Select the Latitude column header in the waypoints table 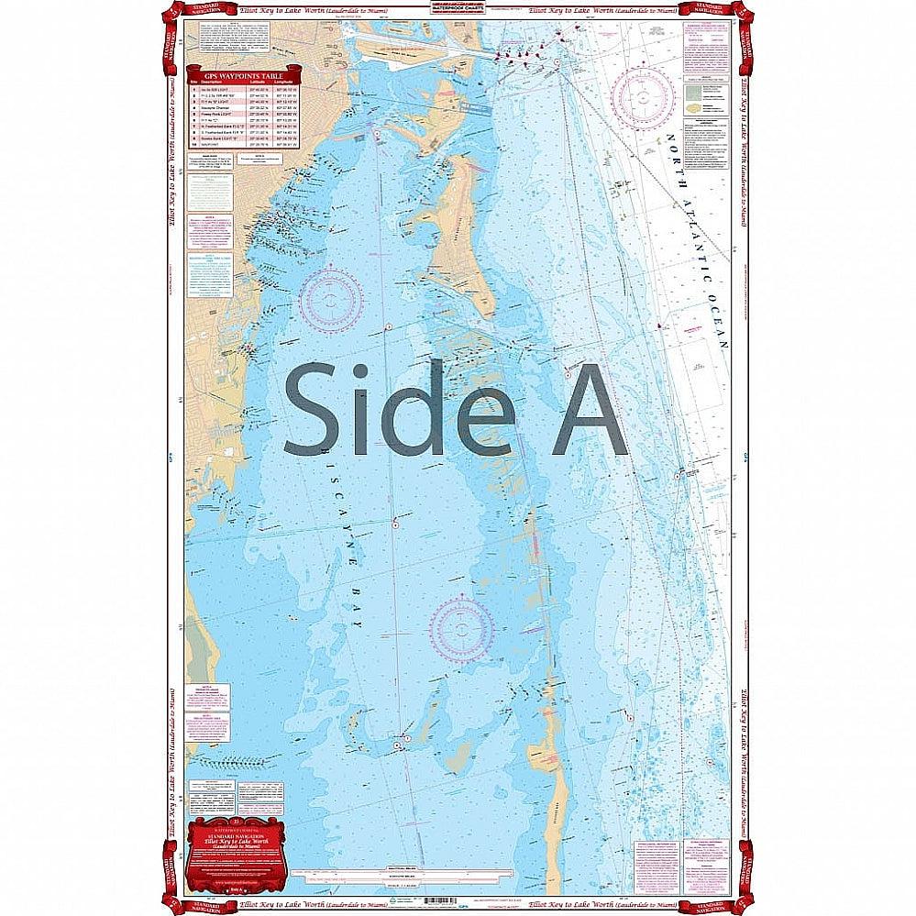[x=257, y=81]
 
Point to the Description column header [x=213, y=81]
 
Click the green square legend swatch [x=699, y=93]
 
